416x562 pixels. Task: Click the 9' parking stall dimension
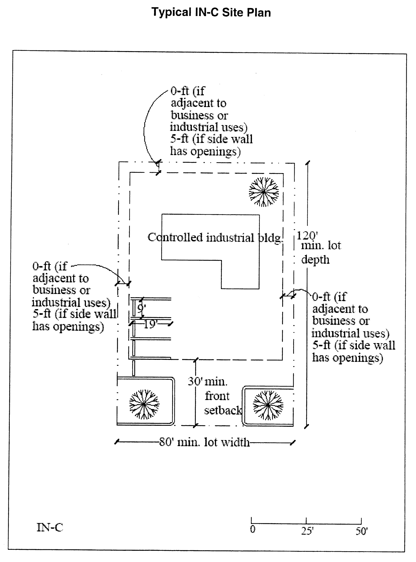click(141, 308)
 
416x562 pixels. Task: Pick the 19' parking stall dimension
click(150, 324)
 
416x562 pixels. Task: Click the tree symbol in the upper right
click(264, 192)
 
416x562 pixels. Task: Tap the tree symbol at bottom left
click(144, 404)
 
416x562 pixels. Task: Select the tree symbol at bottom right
click(268, 405)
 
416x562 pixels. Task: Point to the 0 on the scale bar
click(253, 529)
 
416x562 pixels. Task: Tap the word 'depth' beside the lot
click(315, 259)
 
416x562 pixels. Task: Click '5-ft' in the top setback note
click(179, 139)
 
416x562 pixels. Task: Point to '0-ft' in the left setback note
click(42, 266)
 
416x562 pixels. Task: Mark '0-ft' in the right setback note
click(321, 297)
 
